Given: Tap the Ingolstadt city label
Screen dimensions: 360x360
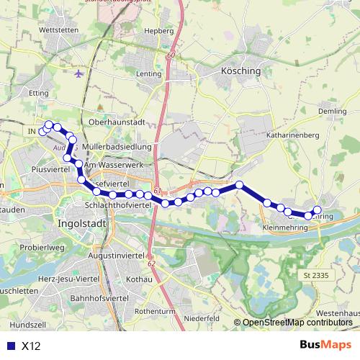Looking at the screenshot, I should pyautogui.click(x=81, y=224).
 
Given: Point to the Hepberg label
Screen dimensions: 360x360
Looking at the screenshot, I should pyautogui.click(x=160, y=32).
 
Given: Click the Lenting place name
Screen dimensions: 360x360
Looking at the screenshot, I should pyautogui.click(x=147, y=73).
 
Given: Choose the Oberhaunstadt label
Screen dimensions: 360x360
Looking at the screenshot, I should pyautogui.click(x=117, y=122).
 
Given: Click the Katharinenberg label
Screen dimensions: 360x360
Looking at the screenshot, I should pyautogui.click(x=292, y=134).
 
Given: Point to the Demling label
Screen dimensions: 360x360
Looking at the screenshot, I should pyautogui.click(x=333, y=112).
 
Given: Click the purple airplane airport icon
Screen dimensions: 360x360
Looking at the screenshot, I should pyautogui.click(x=78, y=73).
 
